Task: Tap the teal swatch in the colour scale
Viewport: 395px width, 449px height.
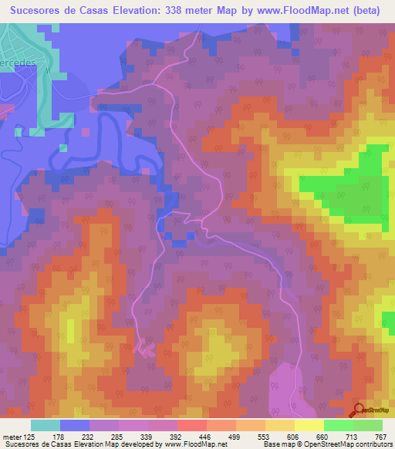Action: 46,425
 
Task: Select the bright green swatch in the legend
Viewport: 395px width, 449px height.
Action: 338,425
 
